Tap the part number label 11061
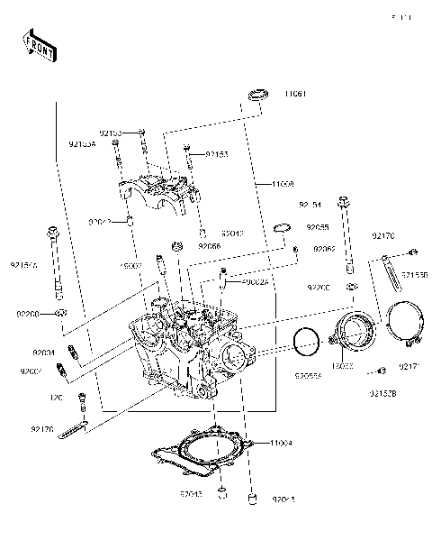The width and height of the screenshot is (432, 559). pyautogui.click(x=295, y=94)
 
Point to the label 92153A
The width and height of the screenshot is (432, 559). pyautogui.click(x=82, y=143)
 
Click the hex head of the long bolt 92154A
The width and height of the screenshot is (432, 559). pyautogui.click(x=57, y=231)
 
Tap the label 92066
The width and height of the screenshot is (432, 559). pyautogui.click(x=209, y=246)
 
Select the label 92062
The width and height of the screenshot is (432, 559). pyautogui.click(x=324, y=248)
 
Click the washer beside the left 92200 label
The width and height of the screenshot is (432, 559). pyautogui.click(x=61, y=312)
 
